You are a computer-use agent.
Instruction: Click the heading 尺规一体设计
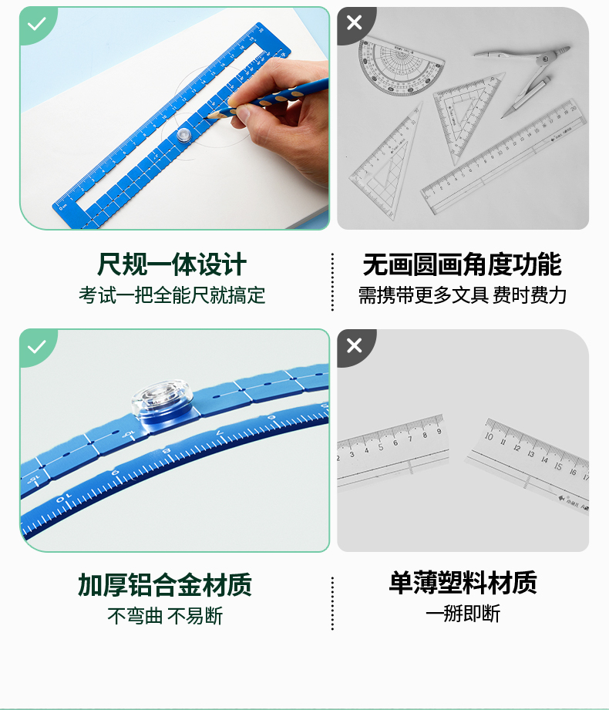click(172, 264)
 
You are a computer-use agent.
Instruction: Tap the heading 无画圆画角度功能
click(463, 264)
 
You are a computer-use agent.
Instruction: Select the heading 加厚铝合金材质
click(165, 584)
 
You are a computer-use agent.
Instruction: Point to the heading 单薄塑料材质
click(463, 582)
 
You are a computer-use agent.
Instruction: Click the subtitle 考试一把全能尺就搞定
click(172, 295)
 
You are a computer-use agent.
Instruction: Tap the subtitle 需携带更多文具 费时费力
click(463, 295)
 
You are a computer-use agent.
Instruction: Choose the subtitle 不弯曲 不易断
click(165, 616)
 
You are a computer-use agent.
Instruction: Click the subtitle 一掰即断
click(463, 614)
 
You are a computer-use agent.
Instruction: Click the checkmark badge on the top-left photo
click(38, 24)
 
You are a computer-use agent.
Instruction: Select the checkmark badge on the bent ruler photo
click(38, 346)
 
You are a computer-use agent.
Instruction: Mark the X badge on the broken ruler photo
click(355, 345)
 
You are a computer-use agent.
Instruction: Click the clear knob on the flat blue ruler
click(183, 134)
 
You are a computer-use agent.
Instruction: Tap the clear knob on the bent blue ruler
click(163, 399)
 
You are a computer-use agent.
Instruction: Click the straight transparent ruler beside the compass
click(504, 156)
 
